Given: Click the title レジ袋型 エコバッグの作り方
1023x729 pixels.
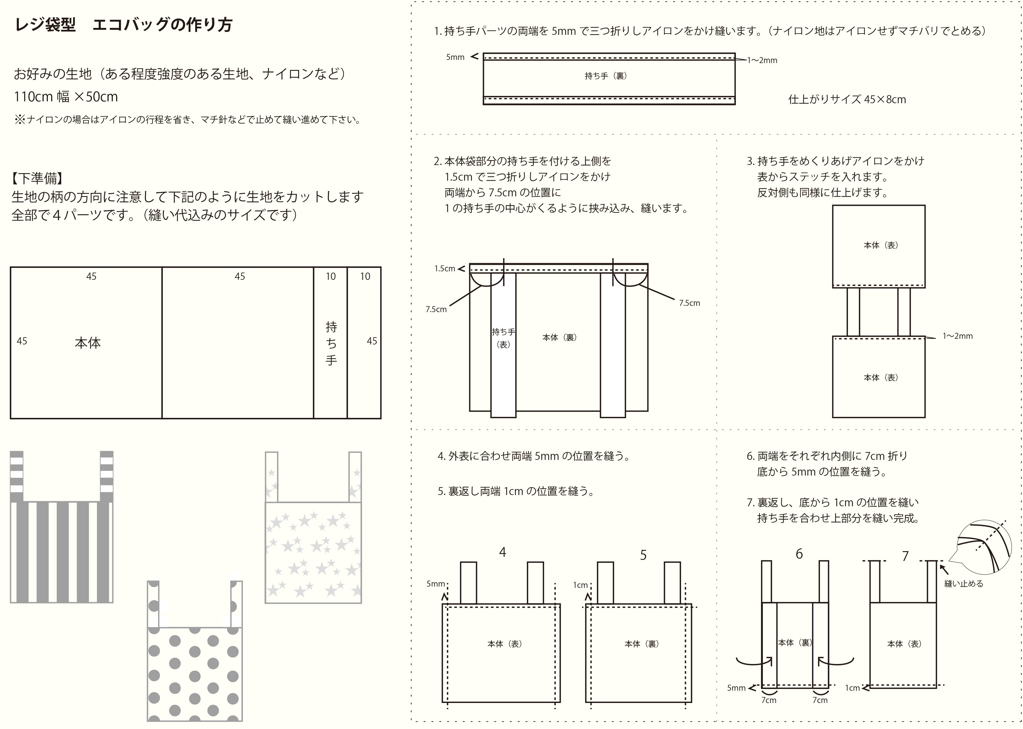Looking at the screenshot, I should [x=124, y=25].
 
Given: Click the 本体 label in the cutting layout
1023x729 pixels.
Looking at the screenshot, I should [x=88, y=343].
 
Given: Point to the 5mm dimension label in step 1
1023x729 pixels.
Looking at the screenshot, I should [x=455, y=57].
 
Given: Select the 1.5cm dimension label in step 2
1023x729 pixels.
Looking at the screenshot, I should [x=445, y=269].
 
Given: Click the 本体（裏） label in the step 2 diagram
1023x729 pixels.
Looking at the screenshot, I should [x=559, y=337].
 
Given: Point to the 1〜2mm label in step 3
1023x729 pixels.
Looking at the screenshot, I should [x=957, y=336].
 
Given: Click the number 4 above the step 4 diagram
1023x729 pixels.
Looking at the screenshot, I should [x=502, y=552].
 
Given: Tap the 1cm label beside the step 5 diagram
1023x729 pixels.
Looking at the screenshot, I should [x=580, y=585].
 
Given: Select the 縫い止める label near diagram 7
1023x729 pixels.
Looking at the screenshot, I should [x=963, y=583].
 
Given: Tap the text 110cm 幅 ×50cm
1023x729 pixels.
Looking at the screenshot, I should [x=66, y=97].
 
